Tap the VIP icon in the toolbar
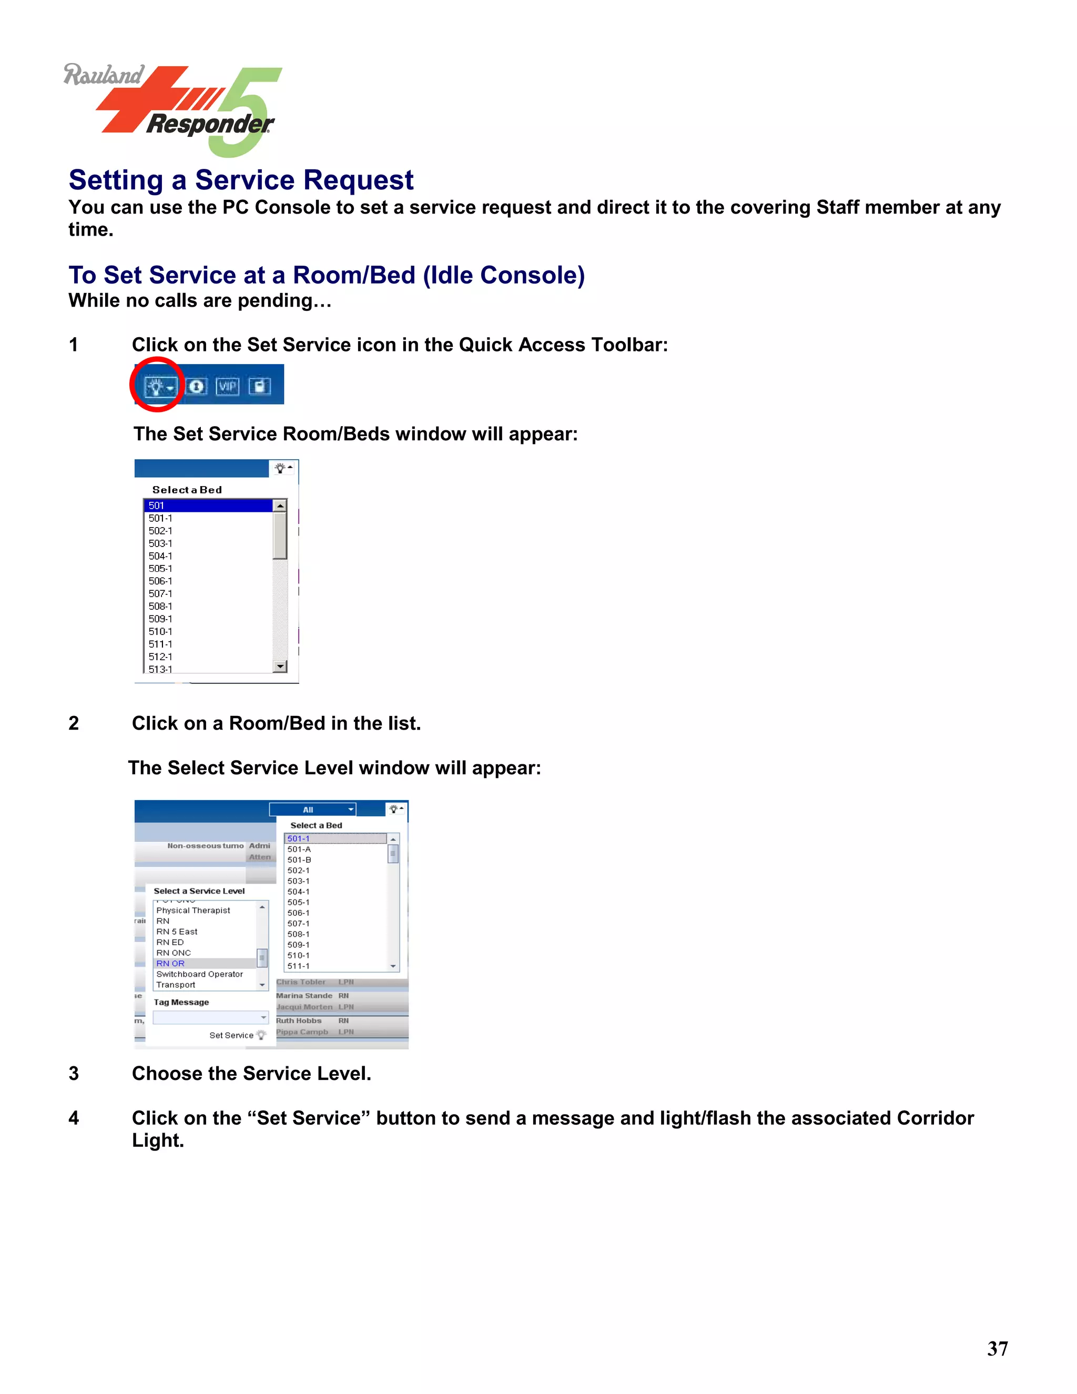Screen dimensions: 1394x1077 [x=227, y=386]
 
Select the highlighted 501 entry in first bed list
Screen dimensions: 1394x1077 [x=208, y=506]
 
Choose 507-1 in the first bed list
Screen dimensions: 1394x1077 [x=161, y=593]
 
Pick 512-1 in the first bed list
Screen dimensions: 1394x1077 [x=161, y=657]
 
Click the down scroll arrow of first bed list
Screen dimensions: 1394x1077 [x=279, y=666]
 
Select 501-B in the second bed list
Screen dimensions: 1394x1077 [x=299, y=860]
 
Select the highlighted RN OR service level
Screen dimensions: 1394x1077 [x=171, y=963]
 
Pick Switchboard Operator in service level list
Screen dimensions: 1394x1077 [x=200, y=974]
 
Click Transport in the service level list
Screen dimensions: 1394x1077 [x=176, y=985]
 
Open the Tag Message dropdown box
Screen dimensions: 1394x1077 [x=210, y=1017]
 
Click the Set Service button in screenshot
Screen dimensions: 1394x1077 [x=237, y=1035]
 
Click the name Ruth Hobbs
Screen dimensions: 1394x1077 [x=299, y=1021]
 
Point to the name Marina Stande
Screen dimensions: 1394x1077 [x=304, y=996]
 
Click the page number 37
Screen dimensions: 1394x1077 [x=997, y=1349]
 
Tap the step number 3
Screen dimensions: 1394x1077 [x=74, y=1074]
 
